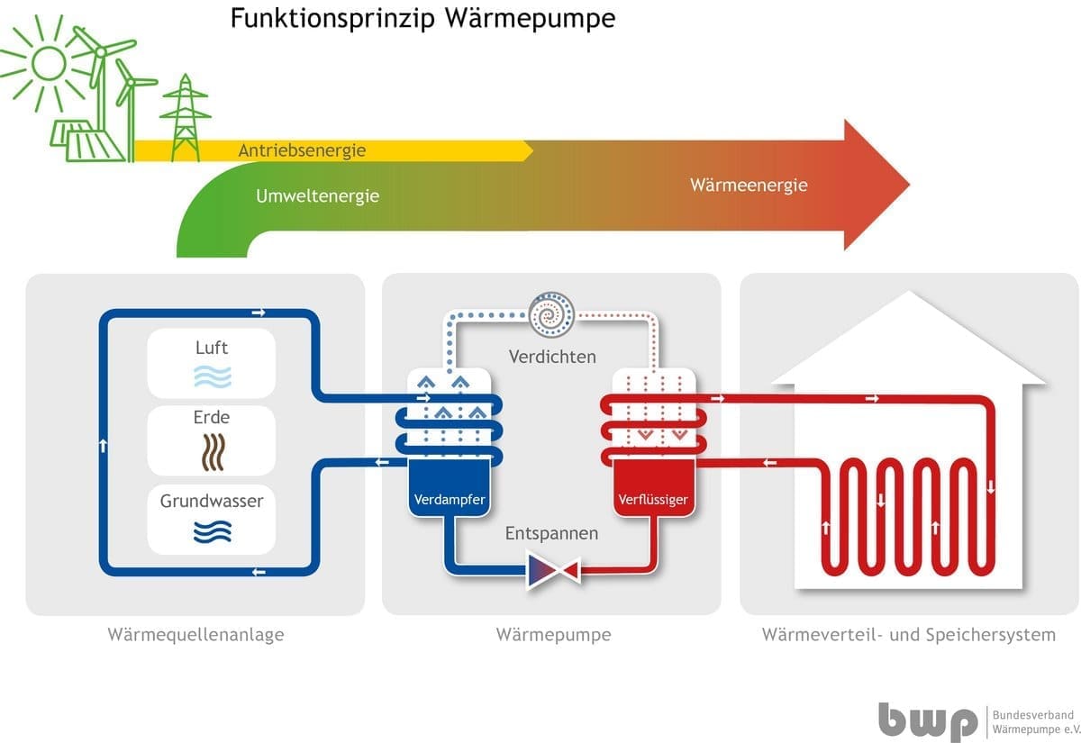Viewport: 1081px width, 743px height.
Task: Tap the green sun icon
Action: point(45,63)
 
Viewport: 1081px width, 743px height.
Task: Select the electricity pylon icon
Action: point(186,117)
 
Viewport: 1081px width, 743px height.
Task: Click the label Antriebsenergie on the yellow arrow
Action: point(302,150)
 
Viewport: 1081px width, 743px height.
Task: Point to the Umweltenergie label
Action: point(317,195)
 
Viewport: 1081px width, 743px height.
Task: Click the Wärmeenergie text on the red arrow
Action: point(749,186)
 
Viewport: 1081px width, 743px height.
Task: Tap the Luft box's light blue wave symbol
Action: point(212,376)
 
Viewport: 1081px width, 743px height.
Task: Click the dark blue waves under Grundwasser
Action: point(212,532)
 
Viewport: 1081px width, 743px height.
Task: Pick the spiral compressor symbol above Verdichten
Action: point(551,314)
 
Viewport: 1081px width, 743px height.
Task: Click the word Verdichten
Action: point(552,357)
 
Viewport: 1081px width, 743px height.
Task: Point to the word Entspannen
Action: point(551,533)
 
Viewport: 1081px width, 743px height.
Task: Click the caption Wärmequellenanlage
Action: point(195,634)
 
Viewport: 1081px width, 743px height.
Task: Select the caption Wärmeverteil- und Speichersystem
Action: point(908,634)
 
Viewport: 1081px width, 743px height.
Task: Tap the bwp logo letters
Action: point(928,720)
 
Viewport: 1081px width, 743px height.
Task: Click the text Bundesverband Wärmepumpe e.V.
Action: point(1034,720)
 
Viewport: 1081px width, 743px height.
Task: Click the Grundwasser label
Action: point(212,501)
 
